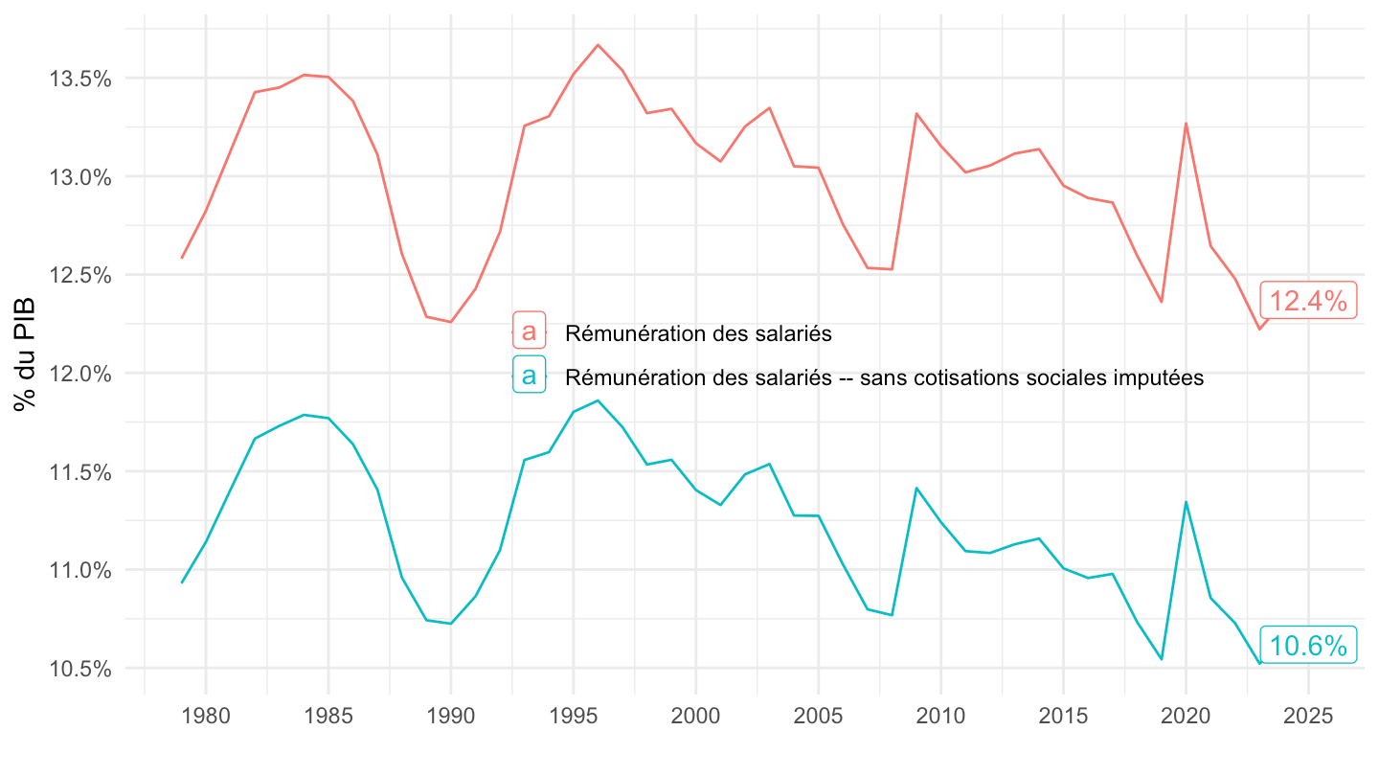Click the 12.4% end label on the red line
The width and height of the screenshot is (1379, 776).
coord(1308,301)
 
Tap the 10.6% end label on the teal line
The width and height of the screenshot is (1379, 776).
coord(1308,645)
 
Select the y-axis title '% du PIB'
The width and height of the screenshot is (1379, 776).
coord(25,354)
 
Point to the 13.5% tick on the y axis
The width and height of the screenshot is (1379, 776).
coord(80,79)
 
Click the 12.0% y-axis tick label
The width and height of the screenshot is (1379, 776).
coord(80,374)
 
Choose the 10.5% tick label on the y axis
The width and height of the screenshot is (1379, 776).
coord(80,669)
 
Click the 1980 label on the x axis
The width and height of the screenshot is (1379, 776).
coord(206,716)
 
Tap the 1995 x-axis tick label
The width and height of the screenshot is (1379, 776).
coord(573,716)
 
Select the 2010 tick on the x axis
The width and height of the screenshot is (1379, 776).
coord(940,716)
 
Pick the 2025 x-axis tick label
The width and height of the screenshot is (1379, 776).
coord(1308,716)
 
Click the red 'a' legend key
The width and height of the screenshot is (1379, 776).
coord(529,331)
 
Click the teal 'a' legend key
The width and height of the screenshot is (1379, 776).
coord(529,375)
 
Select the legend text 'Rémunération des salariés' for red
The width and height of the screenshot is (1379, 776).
coord(698,333)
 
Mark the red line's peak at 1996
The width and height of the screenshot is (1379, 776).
coord(598,44)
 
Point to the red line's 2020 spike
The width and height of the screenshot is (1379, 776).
coord(1186,124)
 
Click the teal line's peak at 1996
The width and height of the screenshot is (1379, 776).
coord(598,400)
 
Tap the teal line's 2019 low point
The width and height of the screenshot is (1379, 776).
coord(1161,659)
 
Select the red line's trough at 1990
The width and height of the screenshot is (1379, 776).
coord(451,322)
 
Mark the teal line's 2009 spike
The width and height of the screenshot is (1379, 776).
coord(916,488)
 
